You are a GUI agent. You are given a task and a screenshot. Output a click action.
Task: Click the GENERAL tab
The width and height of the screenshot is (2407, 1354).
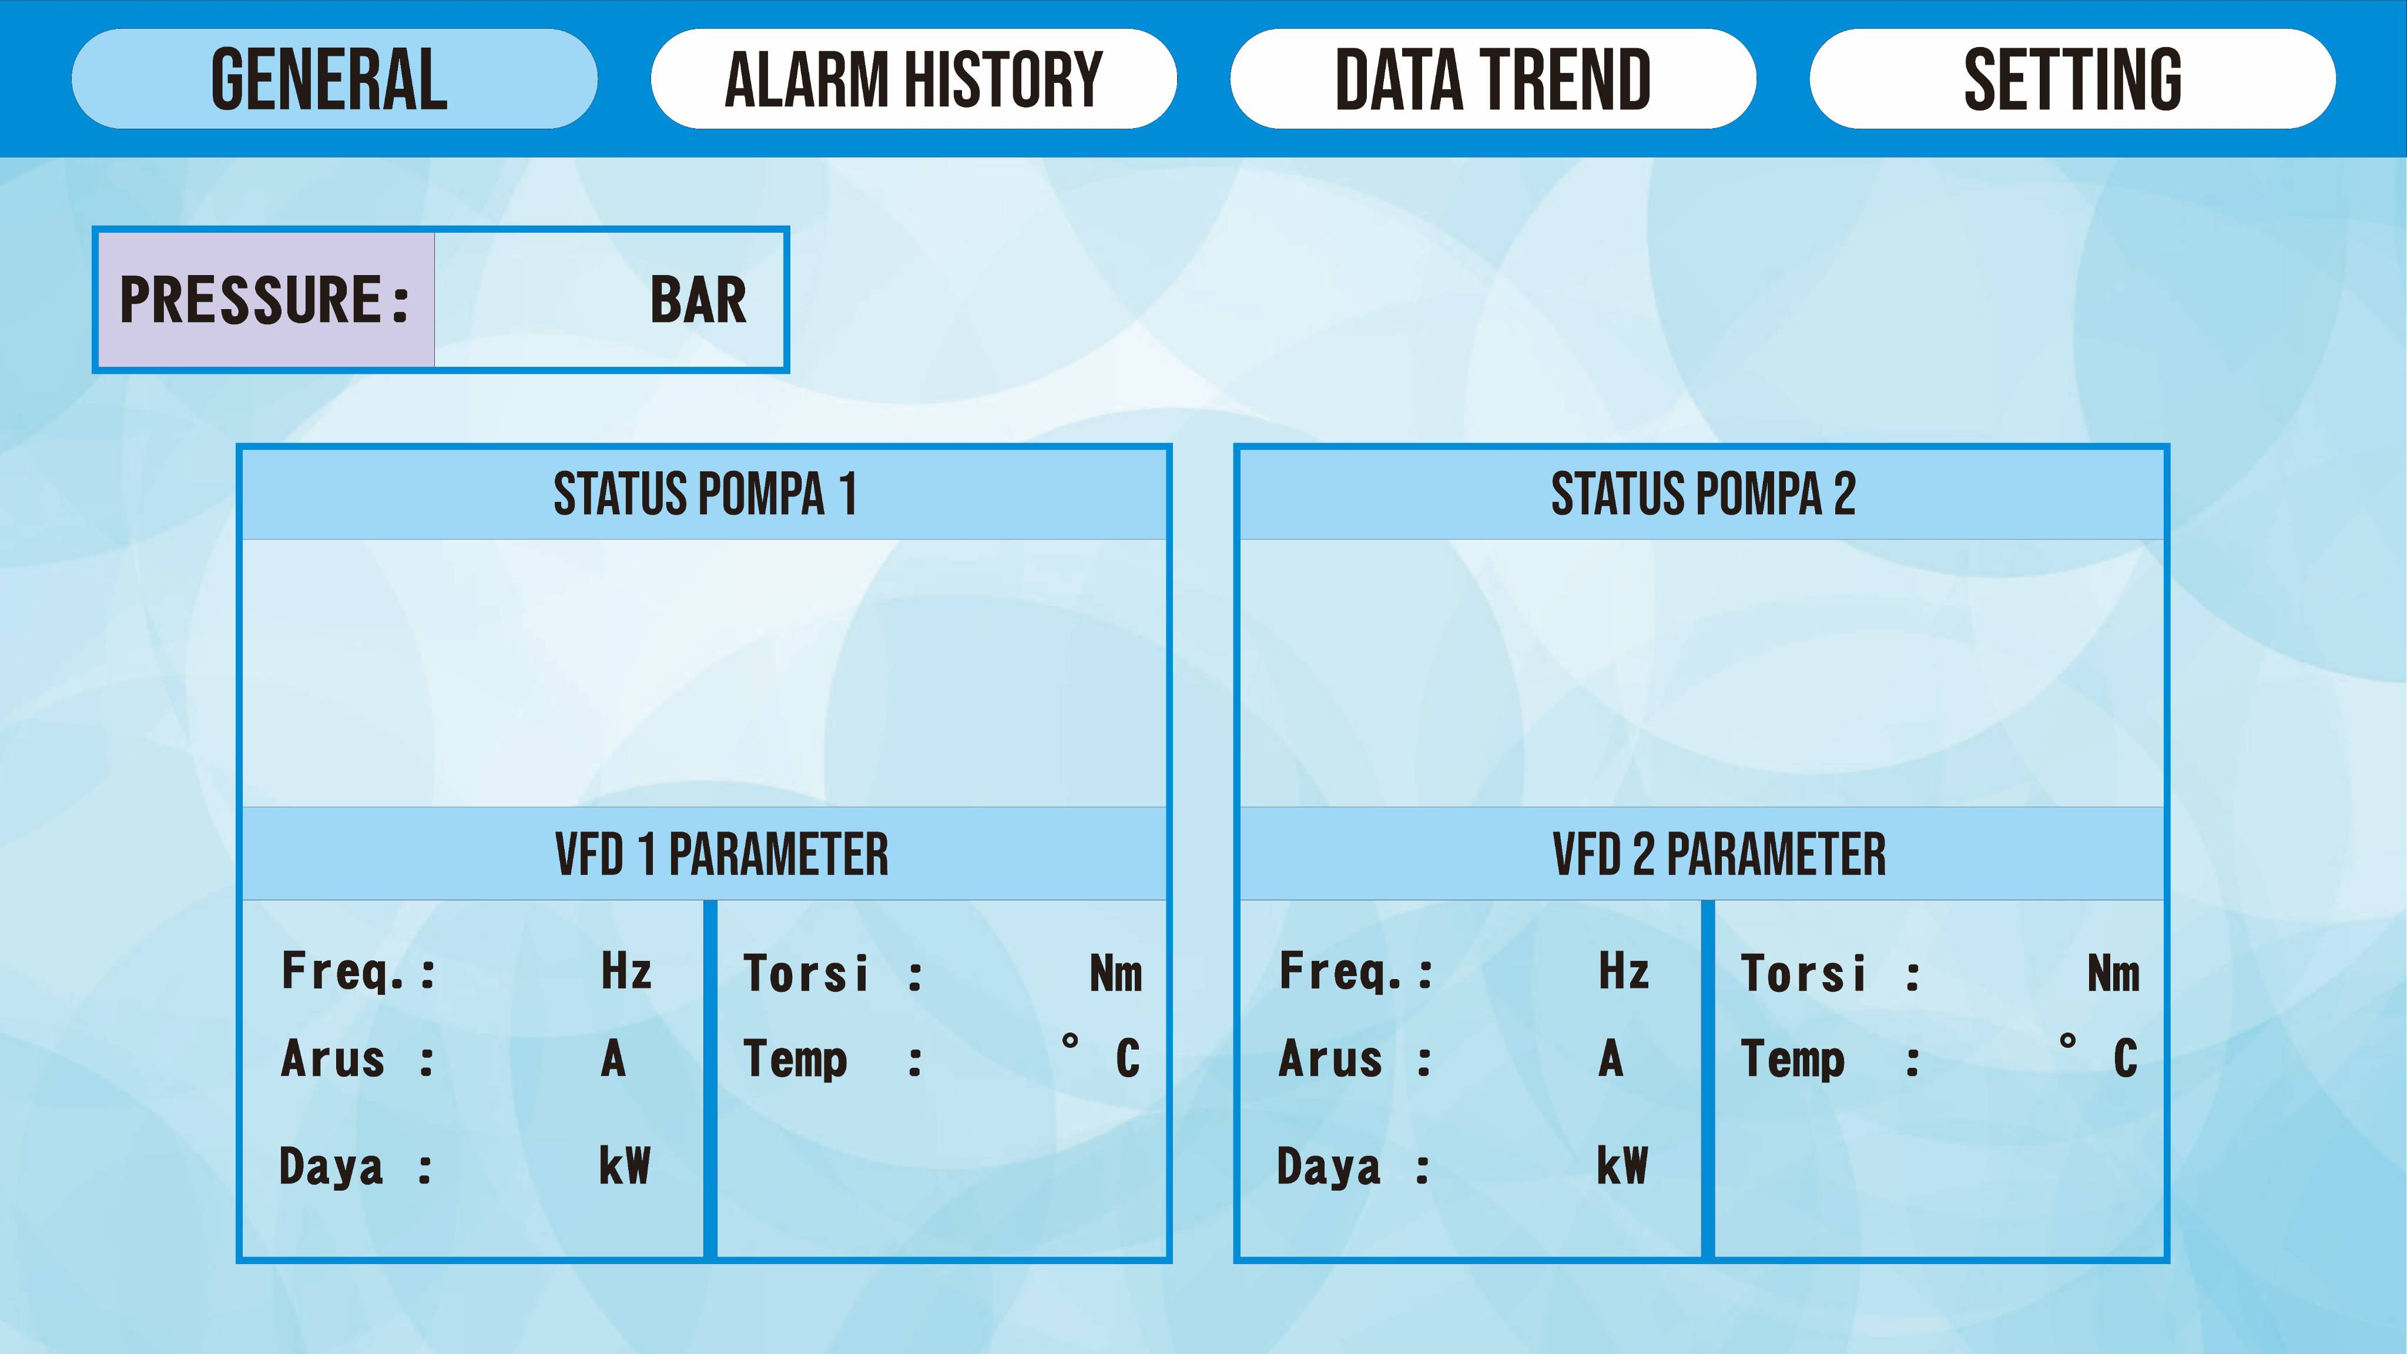click(x=334, y=79)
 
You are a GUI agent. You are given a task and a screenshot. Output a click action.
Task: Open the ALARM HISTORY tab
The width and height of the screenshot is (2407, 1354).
click(x=914, y=79)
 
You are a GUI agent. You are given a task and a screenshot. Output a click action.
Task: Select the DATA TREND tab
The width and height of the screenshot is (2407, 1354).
click(x=1493, y=79)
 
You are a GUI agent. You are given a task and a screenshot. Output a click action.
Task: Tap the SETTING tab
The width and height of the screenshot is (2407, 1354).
click(x=2073, y=79)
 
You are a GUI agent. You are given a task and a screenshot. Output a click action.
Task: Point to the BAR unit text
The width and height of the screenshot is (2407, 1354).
click(x=698, y=300)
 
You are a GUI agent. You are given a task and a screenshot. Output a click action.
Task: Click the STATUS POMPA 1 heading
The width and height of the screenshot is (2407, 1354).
click(x=705, y=494)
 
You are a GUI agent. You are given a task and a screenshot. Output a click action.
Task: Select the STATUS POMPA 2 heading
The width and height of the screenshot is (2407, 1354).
click(x=1702, y=494)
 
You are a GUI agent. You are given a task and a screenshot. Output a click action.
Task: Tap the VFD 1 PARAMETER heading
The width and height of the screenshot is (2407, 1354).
click(x=722, y=854)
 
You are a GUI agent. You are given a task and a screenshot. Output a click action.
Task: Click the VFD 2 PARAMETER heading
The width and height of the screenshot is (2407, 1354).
click(x=1719, y=854)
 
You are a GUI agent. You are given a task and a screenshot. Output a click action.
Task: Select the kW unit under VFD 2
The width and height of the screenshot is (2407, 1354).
click(x=1622, y=1165)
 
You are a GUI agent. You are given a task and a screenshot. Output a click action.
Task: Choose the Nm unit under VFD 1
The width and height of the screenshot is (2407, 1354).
click(x=1116, y=973)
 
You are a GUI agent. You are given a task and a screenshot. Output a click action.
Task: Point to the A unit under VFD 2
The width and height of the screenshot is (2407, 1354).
click(x=1611, y=1059)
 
